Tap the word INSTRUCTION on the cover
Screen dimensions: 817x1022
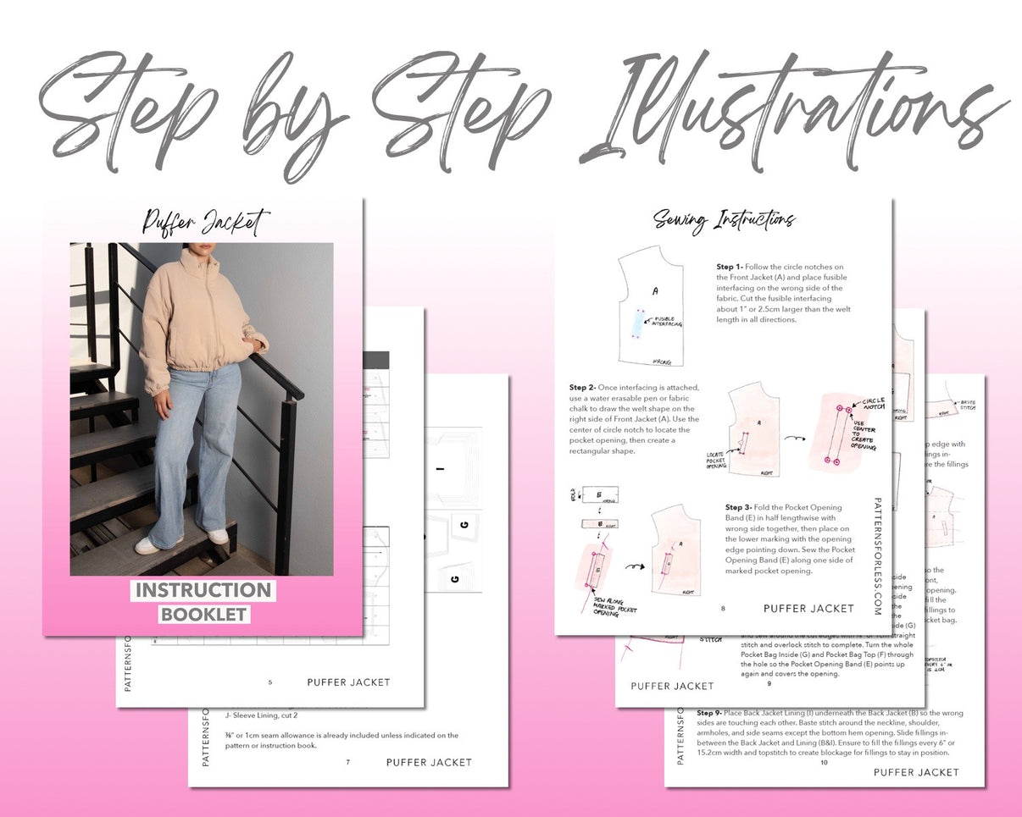[x=203, y=590]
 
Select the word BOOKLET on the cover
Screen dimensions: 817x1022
[x=203, y=614]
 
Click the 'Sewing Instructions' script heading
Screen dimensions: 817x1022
[x=724, y=220]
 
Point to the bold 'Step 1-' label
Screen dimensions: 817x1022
[x=730, y=267]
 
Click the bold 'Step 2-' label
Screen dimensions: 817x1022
[x=583, y=387]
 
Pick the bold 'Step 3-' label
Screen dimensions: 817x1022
[x=740, y=507]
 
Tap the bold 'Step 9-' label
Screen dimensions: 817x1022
[x=711, y=713]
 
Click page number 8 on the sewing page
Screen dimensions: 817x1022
[x=723, y=608]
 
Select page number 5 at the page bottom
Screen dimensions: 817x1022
[x=269, y=682]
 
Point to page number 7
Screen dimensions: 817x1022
[x=347, y=762]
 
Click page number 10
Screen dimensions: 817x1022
[x=823, y=763]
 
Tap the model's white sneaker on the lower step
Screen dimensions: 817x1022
[x=149, y=545]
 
